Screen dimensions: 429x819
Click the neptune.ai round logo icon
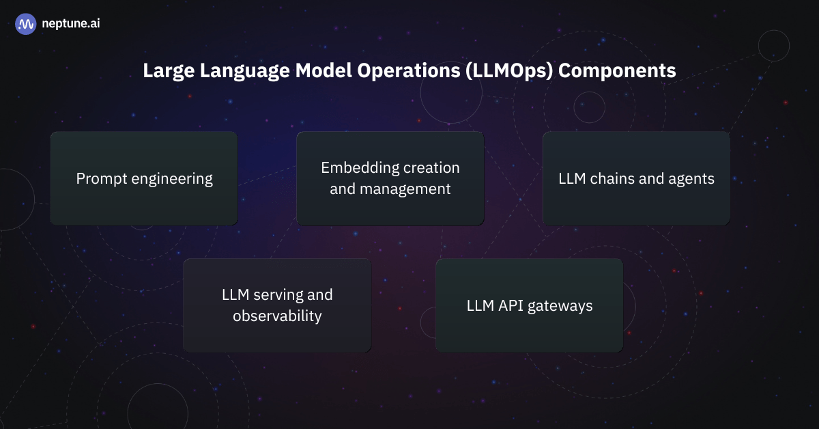click(26, 24)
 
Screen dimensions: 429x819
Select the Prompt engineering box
click(144, 179)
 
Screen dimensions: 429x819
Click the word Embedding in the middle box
click(360, 168)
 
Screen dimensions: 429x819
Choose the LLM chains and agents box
click(636, 179)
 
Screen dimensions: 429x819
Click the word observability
click(277, 316)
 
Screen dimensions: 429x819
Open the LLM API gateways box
click(529, 305)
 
